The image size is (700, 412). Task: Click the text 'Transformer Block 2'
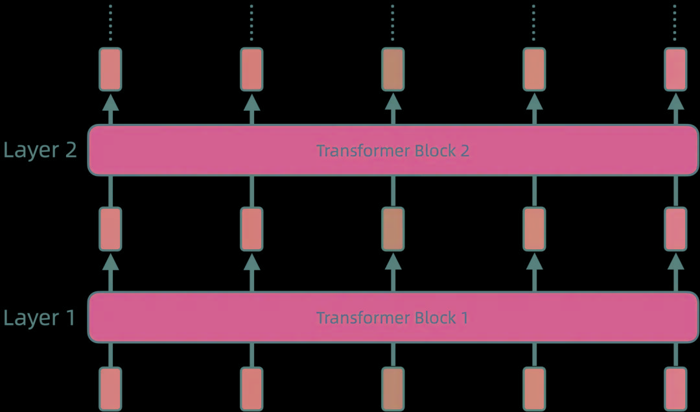[x=392, y=151]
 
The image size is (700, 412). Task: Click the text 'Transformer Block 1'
[x=392, y=318]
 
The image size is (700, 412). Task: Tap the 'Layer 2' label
[x=40, y=151]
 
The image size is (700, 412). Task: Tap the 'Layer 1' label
[x=40, y=318]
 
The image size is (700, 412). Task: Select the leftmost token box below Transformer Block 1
[x=110, y=388]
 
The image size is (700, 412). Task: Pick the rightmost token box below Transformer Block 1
[x=675, y=388]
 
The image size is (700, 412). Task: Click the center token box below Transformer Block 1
[x=393, y=388]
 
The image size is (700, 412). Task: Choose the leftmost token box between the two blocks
[x=110, y=229]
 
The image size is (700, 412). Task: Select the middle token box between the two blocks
[x=393, y=229]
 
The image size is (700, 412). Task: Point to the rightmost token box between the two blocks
[x=675, y=229]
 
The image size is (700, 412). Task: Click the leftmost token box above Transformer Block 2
[x=110, y=69]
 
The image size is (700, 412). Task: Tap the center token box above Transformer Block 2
[x=393, y=69]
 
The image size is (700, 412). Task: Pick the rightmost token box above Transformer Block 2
[x=675, y=69]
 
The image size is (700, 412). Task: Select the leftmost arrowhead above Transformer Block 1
[x=110, y=261]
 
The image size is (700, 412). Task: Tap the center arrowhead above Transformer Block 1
[x=393, y=261]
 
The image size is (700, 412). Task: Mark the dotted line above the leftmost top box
[x=110, y=23]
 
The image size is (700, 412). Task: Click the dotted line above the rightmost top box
[x=675, y=23]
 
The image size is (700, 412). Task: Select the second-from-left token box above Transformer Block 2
[x=251, y=69]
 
